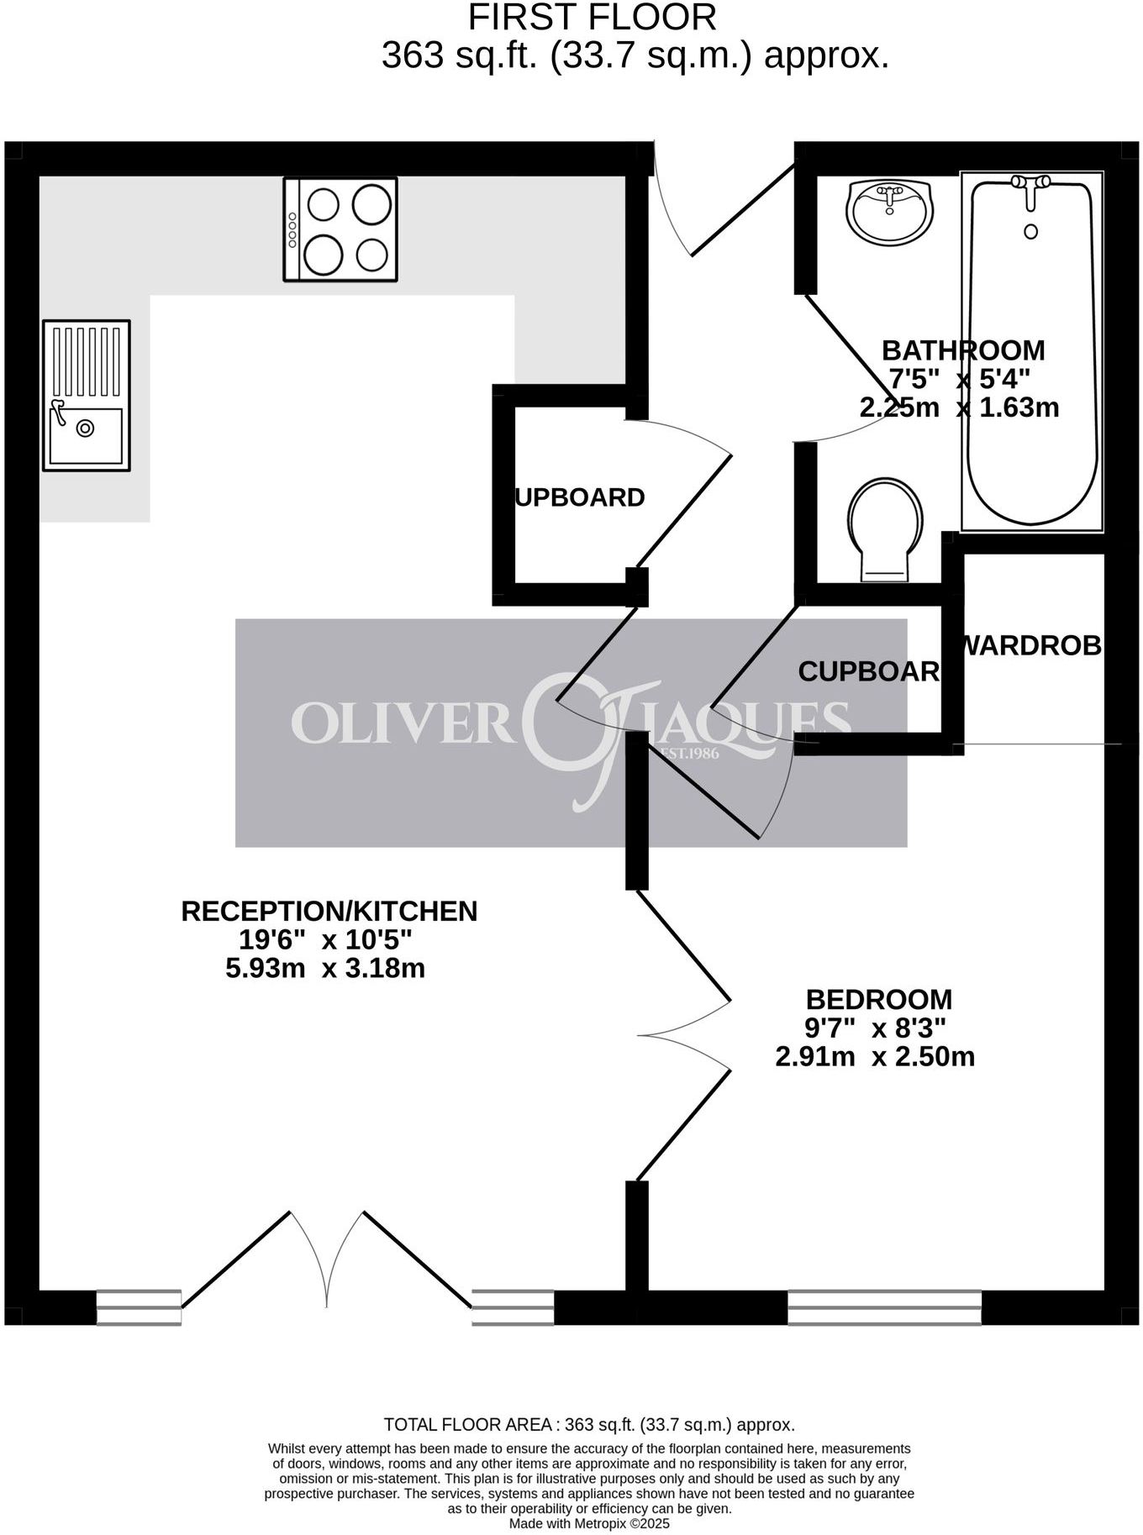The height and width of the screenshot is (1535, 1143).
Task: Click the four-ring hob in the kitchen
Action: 340,229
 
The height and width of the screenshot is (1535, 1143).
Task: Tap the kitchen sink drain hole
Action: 85,428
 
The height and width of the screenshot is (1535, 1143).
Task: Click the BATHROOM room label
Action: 963,350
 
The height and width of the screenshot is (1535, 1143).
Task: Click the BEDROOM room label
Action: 878,1000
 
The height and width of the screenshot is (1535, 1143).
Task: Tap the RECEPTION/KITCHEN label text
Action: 329,911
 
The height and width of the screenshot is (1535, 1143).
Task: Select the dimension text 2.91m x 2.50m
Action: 875,1056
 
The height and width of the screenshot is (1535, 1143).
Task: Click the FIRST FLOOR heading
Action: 592,18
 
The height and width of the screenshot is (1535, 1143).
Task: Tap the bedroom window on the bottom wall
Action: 884,1307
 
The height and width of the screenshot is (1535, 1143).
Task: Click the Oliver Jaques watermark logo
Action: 571,732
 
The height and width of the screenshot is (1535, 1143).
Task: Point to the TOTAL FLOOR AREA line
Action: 589,1425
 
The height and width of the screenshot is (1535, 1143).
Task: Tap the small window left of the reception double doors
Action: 139,1307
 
